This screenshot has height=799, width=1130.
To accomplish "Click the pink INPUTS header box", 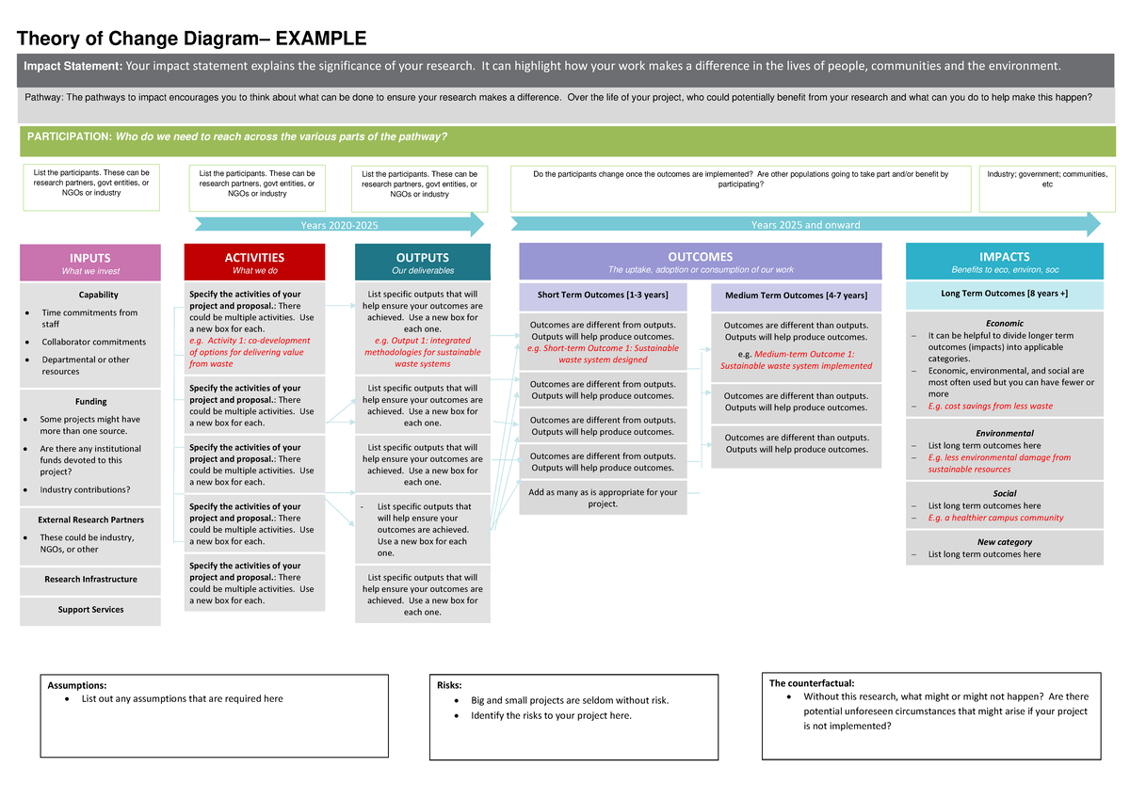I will pyautogui.click(x=90, y=263).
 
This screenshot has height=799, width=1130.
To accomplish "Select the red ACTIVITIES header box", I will pyautogui.click(x=254, y=263).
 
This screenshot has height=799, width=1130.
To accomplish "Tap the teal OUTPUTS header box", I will pyautogui.click(x=422, y=263).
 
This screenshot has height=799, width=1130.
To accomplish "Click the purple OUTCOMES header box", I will pyautogui.click(x=700, y=262).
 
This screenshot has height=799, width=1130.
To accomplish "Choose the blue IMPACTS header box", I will pyautogui.click(x=1004, y=262).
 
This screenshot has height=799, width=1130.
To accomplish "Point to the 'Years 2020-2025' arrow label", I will pyautogui.click(x=339, y=225).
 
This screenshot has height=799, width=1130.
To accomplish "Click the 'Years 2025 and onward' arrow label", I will pyautogui.click(x=805, y=225).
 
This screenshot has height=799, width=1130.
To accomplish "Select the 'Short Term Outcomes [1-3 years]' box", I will pyautogui.click(x=603, y=296).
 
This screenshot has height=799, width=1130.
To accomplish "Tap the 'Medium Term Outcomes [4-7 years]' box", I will pyautogui.click(x=796, y=296).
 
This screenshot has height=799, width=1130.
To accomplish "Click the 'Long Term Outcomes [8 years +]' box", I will pyautogui.click(x=1004, y=295).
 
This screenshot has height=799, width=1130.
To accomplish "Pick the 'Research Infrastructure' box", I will pyautogui.click(x=90, y=580).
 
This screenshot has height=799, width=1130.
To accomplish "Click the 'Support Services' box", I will pyautogui.click(x=90, y=610).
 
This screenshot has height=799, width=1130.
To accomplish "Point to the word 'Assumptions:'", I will pyautogui.click(x=77, y=685).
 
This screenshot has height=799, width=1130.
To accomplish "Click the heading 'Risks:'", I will pyautogui.click(x=449, y=685).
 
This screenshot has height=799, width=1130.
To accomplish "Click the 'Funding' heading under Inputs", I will pyautogui.click(x=91, y=402).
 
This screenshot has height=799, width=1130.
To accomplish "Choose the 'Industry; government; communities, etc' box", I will pyautogui.click(x=1047, y=180).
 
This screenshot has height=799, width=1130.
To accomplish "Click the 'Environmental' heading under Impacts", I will pyautogui.click(x=1005, y=434).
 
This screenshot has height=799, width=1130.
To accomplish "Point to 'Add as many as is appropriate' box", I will pyautogui.click(x=603, y=498).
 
